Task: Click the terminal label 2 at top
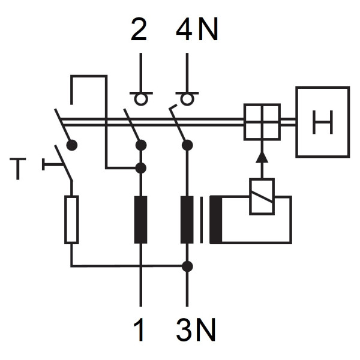tap(139, 30)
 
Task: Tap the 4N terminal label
tap(196, 30)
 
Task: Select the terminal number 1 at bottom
tap(140, 329)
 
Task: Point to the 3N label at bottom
tap(196, 329)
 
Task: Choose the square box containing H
tap(322, 122)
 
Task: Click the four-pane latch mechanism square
tap(262, 122)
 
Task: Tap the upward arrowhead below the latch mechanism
tap(262, 157)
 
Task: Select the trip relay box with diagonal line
tap(262, 196)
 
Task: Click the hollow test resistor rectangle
tap(71, 219)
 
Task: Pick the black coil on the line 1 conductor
tap(140, 220)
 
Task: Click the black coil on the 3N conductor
tap(187, 220)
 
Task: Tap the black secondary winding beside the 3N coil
tap(216, 220)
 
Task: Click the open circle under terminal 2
tap(140, 98)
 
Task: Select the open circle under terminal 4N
tap(187, 98)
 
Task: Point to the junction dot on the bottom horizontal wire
tap(187, 266)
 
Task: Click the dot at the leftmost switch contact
tap(72, 145)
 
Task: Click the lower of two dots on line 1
tap(140, 168)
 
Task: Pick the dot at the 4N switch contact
tap(187, 145)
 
